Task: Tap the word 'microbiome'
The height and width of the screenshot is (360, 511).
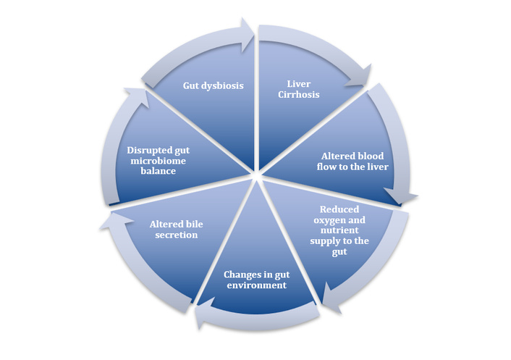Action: tap(153, 161)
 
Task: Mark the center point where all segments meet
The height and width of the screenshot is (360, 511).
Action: tap(255, 175)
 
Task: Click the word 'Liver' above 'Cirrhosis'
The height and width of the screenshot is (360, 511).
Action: tap(297, 83)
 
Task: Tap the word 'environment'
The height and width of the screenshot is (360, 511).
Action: tap(254, 285)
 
